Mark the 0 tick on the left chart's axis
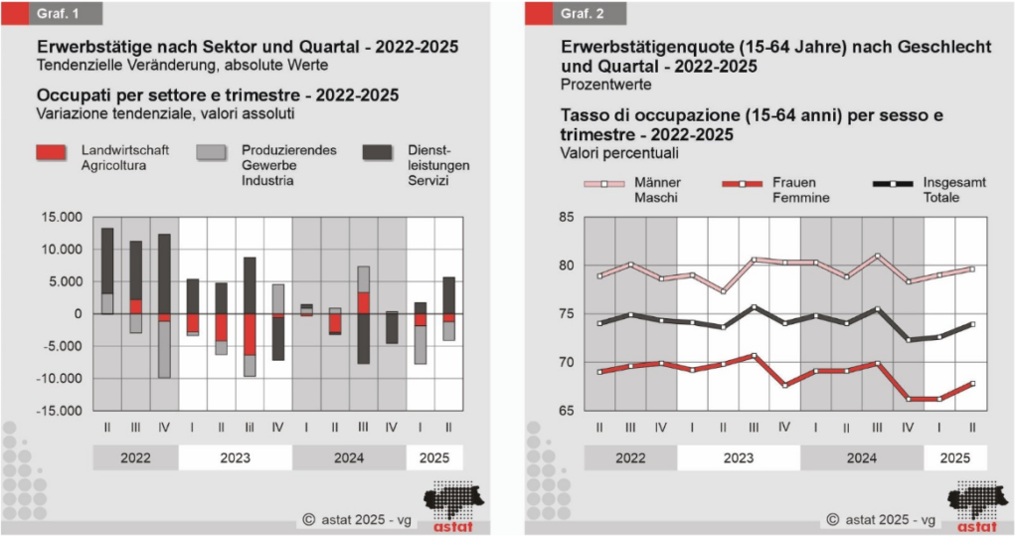79,313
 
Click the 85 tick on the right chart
567,217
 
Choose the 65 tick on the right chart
567,410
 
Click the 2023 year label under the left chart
235,458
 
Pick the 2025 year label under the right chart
955,458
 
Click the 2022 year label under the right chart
629,458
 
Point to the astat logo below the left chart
453,503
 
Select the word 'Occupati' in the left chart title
71,95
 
